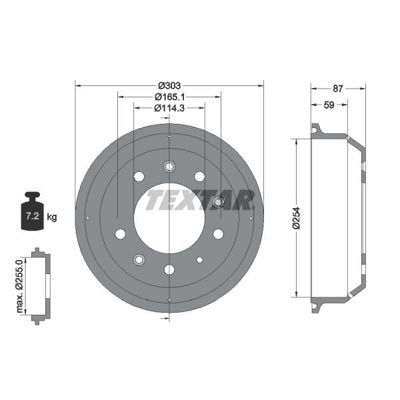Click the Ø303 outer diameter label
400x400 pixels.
point(169,86)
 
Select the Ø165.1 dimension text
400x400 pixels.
point(169,97)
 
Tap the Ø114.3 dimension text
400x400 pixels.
point(169,108)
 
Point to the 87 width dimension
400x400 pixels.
point(338,89)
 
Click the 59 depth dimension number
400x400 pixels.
point(329,105)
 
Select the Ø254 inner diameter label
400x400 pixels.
point(297,219)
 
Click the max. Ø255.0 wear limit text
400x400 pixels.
point(19,286)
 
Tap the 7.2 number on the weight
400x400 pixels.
point(33,216)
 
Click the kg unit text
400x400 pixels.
point(52,217)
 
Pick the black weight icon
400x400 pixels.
point(32,211)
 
